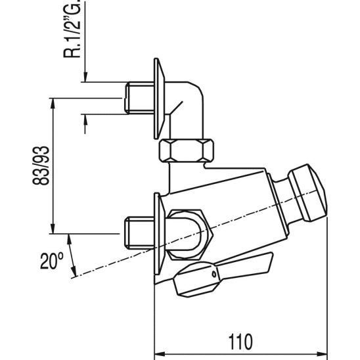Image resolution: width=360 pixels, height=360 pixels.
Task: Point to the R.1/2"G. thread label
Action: pyautogui.click(x=72, y=30)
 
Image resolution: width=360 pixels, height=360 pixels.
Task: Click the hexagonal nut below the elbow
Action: pyautogui.click(x=188, y=152)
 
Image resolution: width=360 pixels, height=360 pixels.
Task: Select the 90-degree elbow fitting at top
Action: pyautogui.click(x=187, y=105)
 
